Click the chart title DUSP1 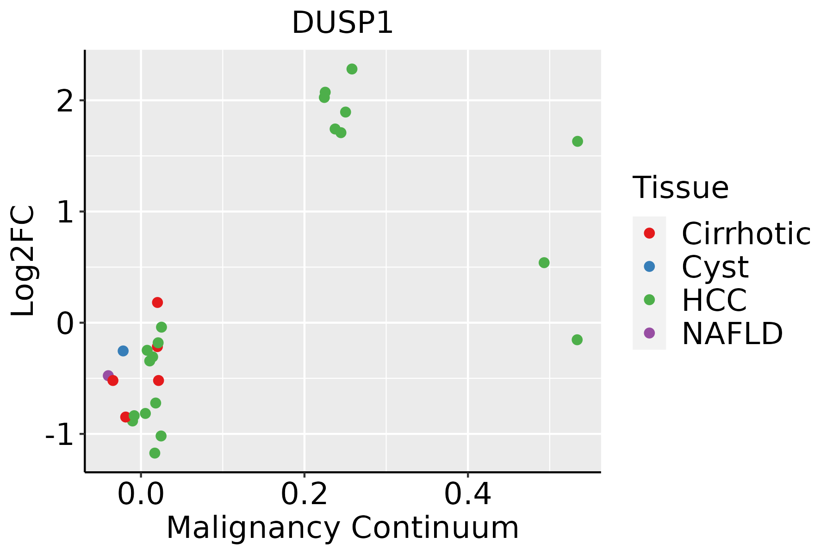tap(342, 23)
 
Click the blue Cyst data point tap(123, 351)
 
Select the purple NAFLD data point tap(108, 376)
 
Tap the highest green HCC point tap(352, 69)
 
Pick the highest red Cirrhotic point tap(157, 302)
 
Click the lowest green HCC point tap(155, 453)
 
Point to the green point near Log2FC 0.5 tap(544, 263)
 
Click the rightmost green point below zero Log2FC tap(577, 339)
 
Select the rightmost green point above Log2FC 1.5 tap(577, 141)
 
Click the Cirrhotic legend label tap(746, 234)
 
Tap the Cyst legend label tap(715, 267)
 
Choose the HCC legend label tap(714, 300)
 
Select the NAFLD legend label tap(732, 333)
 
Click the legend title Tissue tap(680, 188)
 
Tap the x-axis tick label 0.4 tap(467, 494)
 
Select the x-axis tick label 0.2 tap(304, 494)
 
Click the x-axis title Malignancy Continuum tap(342, 528)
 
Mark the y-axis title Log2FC tap(23, 261)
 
